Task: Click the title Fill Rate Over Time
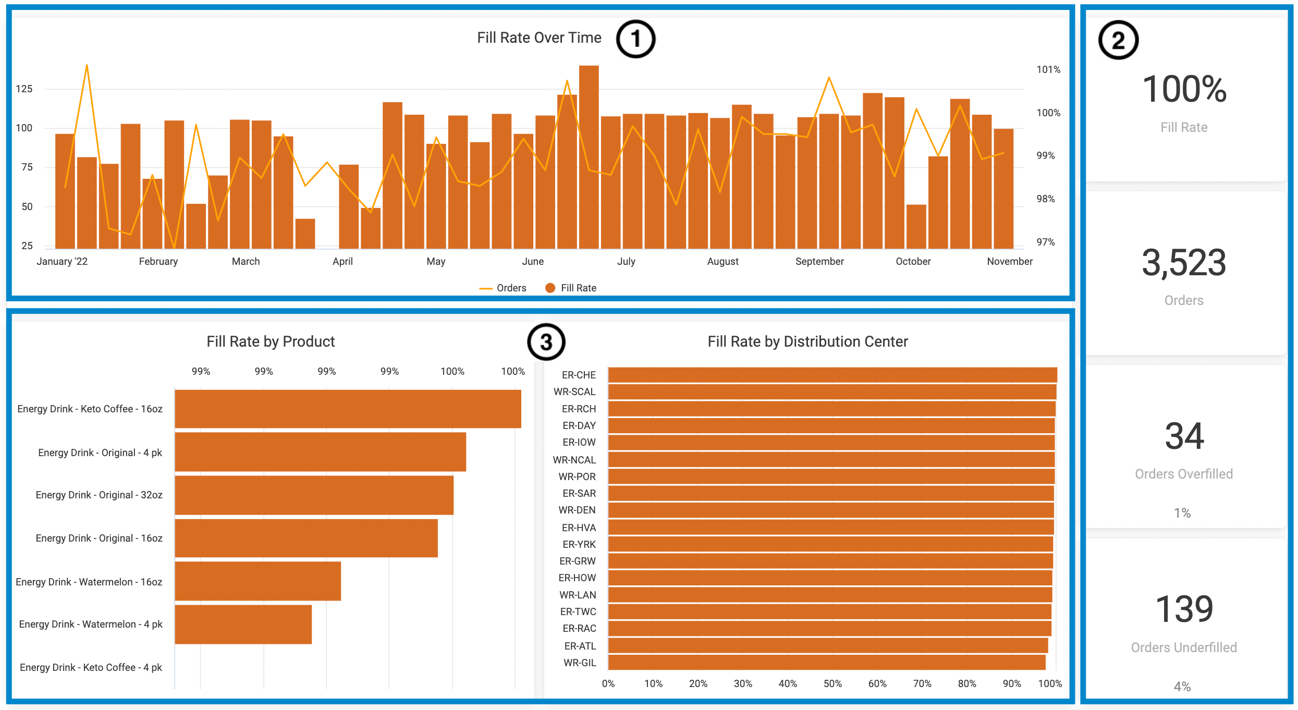click(539, 38)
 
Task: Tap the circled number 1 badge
click(635, 39)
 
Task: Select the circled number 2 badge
click(1118, 40)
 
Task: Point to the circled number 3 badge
click(546, 342)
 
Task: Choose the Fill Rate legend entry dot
click(550, 288)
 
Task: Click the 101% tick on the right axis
click(1048, 69)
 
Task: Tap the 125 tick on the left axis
click(24, 89)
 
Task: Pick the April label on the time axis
click(342, 261)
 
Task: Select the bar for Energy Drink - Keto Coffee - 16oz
click(348, 409)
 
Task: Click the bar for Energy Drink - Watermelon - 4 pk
click(243, 625)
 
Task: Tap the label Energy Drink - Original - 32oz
click(99, 495)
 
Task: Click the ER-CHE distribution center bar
click(832, 375)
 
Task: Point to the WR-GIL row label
click(580, 663)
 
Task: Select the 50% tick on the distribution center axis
click(832, 683)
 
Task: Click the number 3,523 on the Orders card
click(1184, 263)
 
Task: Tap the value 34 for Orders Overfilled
click(1184, 436)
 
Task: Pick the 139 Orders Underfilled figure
click(1184, 609)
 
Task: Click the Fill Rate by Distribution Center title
click(807, 341)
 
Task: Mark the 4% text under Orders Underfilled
click(1182, 687)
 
